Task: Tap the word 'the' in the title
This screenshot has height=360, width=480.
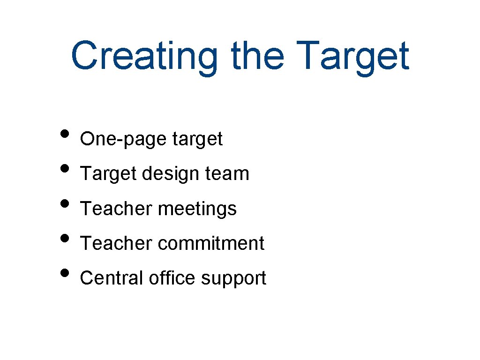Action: click(x=257, y=55)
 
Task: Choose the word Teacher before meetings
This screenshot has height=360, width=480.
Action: click(x=116, y=209)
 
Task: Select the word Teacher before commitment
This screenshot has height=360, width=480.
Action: click(x=116, y=243)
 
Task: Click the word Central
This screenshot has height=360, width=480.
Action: click(x=112, y=278)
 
